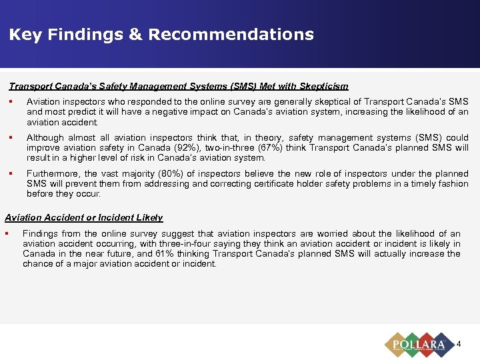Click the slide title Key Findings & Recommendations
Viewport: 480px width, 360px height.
tap(161, 35)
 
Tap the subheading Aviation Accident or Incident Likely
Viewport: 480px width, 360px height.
tap(84, 218)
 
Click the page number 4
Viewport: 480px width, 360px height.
tap(459, 345)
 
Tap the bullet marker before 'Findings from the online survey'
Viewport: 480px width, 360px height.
tap(7, 234)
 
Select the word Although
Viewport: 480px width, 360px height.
tap(44, 138)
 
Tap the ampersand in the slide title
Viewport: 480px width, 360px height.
tap(135, 35)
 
